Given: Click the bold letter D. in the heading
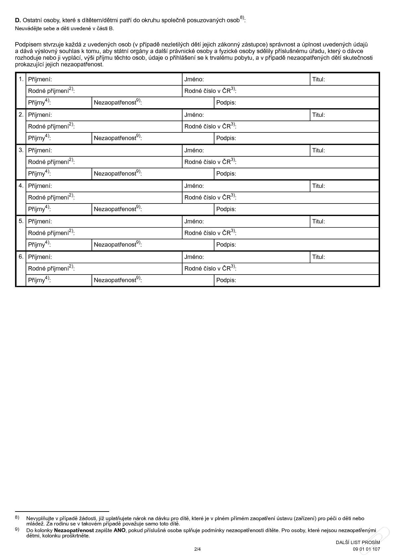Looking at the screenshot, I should (x=18, y=21).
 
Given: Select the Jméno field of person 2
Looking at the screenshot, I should (x=256, y=115).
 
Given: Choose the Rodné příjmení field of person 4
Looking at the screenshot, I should (x=126, y=198).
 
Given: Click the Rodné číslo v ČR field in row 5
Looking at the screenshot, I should (x=305, y=233).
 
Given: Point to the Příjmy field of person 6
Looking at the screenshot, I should (x=70, y=280).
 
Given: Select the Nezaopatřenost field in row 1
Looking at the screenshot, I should (x=176, y=103).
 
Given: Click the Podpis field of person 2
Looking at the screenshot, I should (x=305, y=138).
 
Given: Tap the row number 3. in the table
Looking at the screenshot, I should (x=21, y=150).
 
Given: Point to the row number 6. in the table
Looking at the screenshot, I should (x=21, y=257).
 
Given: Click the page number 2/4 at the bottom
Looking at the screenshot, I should (x=197, y=549).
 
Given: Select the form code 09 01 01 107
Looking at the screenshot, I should (x=366, y=549).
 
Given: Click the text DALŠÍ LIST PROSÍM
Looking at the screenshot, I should (x=357, y=542).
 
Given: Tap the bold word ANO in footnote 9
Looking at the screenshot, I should (x=119, y=530).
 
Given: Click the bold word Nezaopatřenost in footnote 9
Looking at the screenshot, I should (x=74, y=530).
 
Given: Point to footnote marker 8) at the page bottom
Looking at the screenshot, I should (x=17, y=518).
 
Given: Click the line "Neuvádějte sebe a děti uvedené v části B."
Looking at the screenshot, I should (x=64, y=29).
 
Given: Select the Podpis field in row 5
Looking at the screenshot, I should (x=305, y=245).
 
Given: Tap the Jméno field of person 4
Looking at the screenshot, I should (x=256, y=186).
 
